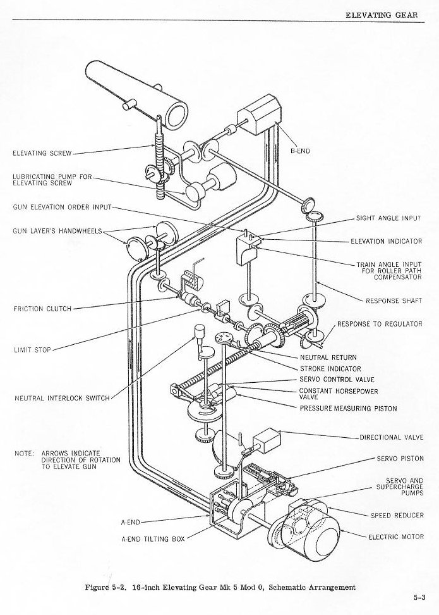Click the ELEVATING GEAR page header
[381, 14]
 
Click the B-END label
[300, 152]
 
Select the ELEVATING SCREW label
[42, 153]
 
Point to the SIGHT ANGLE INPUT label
[388, 218]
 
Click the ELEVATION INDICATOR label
[386, 241]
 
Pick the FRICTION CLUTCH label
[42, 309]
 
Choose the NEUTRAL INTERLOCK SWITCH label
[62, 398]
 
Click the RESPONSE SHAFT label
[394, 301]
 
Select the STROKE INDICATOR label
[330, 368]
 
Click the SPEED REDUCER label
[397, 516]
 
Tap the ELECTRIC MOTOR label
[396, 537]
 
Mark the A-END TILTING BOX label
[153, 539]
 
